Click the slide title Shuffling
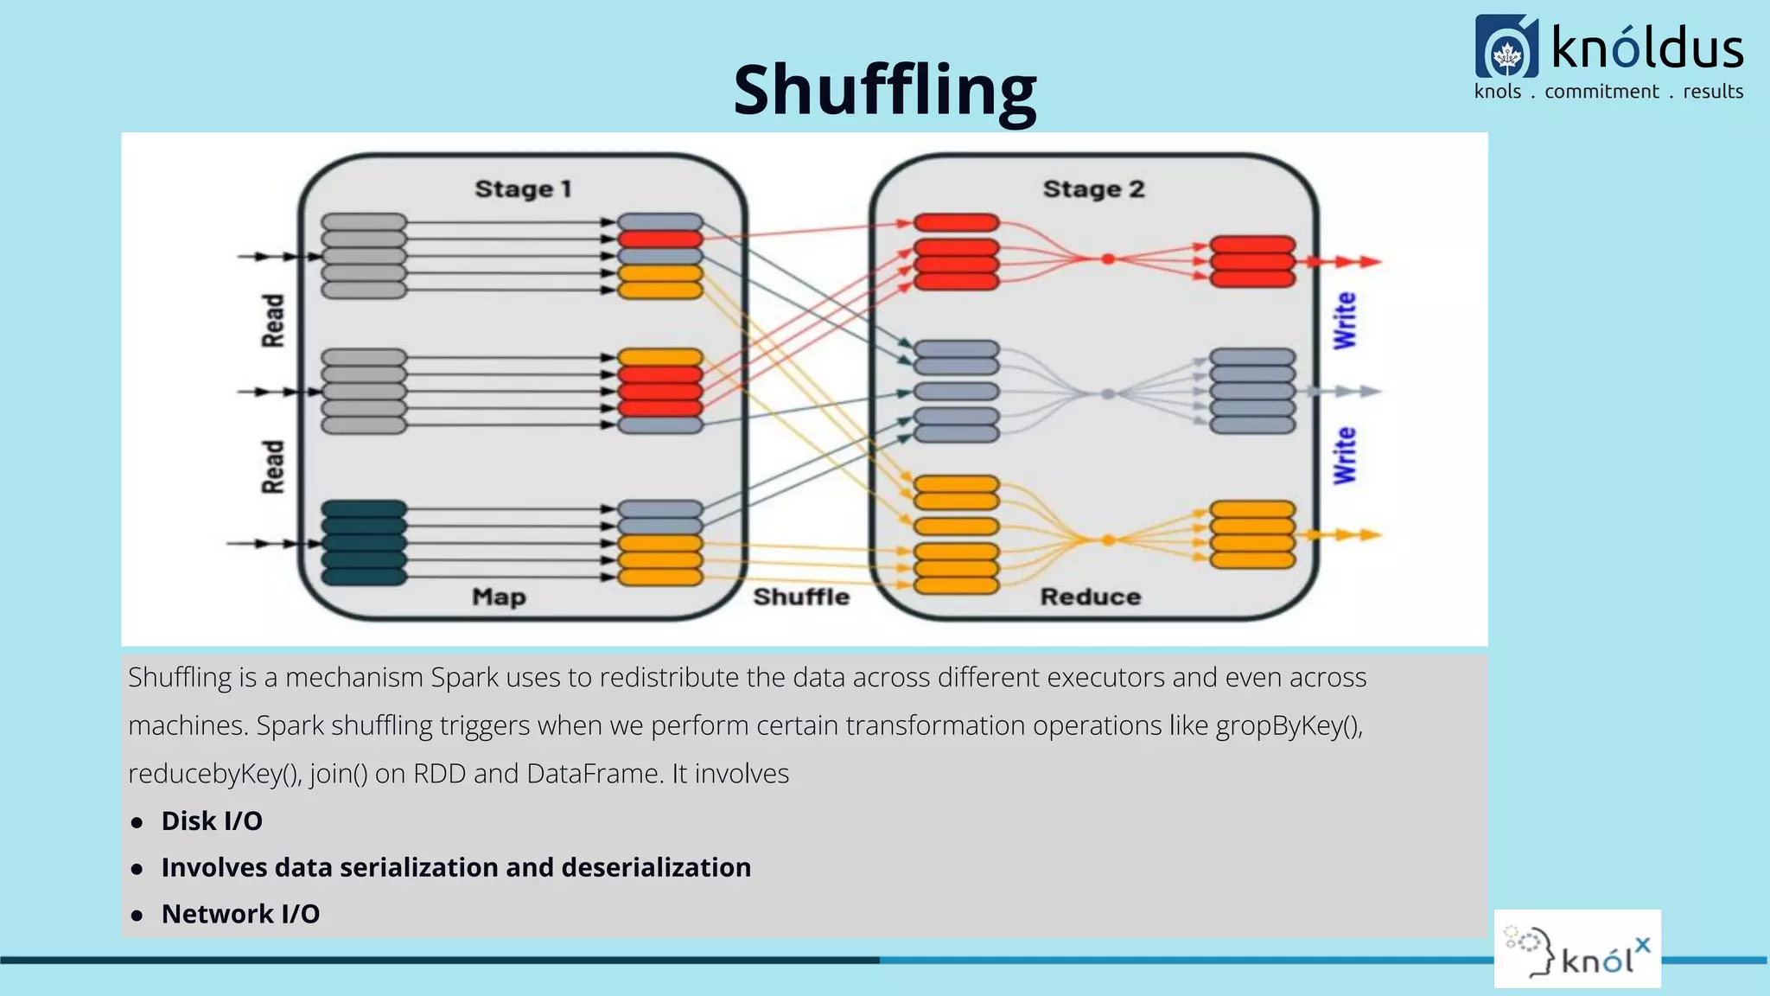tap(884, 90)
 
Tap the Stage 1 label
tap(523, 188)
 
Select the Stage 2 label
tap(1093, 188)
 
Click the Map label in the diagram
tap(499, 597)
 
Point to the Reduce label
tap(1090, 597)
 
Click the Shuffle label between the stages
tap(801, 597)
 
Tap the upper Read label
tap(273, 321)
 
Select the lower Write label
tap(1345, 456)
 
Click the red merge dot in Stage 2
tap(1108, 259)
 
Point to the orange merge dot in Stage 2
tap(1108, 540)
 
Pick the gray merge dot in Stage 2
tap(1108, 393)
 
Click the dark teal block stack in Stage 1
tap(364, 543)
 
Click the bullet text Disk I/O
tap(212, 820)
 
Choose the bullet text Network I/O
tap(240, 914)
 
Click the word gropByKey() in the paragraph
tap(1288, 725)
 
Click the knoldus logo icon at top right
tap(1506, 48)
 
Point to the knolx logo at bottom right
tap(1577, 949)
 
